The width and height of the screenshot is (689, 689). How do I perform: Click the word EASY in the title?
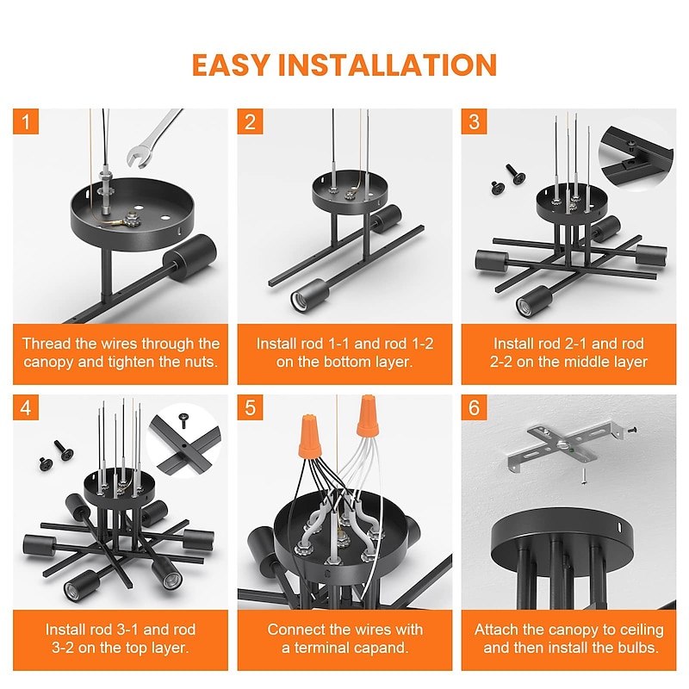230,65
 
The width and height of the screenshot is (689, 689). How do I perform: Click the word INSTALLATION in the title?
388,65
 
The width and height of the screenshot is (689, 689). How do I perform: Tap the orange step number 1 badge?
26,121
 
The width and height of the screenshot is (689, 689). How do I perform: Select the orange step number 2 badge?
250,121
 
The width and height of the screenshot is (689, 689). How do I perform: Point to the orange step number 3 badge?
475,121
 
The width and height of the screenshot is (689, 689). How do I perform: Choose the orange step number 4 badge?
26,407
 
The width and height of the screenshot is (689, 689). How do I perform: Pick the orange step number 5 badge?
250,407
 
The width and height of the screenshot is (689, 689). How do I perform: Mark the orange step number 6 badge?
475,407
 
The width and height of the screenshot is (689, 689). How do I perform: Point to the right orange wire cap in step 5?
368,416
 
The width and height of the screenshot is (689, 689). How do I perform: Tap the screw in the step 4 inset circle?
183,420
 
